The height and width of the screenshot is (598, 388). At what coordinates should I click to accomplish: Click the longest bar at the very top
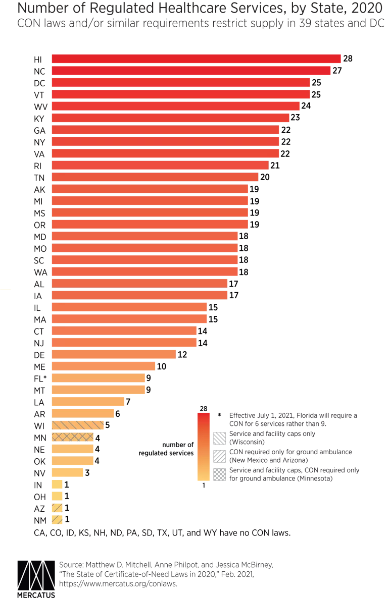point(197,59)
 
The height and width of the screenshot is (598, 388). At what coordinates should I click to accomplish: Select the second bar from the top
point(191,71)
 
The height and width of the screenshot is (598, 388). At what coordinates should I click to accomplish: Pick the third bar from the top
point(181,82)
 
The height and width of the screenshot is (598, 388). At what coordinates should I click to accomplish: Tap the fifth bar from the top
point(176,106)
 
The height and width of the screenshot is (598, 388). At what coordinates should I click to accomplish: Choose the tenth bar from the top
point(161,166)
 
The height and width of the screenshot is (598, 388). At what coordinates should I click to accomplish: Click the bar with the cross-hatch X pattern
point(73,437)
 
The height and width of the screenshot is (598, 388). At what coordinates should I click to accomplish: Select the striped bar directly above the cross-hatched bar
point(78,425)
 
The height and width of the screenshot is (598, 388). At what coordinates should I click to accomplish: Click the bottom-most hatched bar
point(58,519)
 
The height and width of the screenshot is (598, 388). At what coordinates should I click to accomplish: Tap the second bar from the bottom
point(58,507)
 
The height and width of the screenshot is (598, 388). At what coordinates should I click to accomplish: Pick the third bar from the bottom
point(58,496)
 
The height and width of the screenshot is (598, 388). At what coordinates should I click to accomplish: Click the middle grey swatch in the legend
point(219,456)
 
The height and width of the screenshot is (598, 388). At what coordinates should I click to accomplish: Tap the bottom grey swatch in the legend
point(219,475)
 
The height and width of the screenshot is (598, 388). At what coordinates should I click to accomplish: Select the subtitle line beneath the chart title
point(198,23)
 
